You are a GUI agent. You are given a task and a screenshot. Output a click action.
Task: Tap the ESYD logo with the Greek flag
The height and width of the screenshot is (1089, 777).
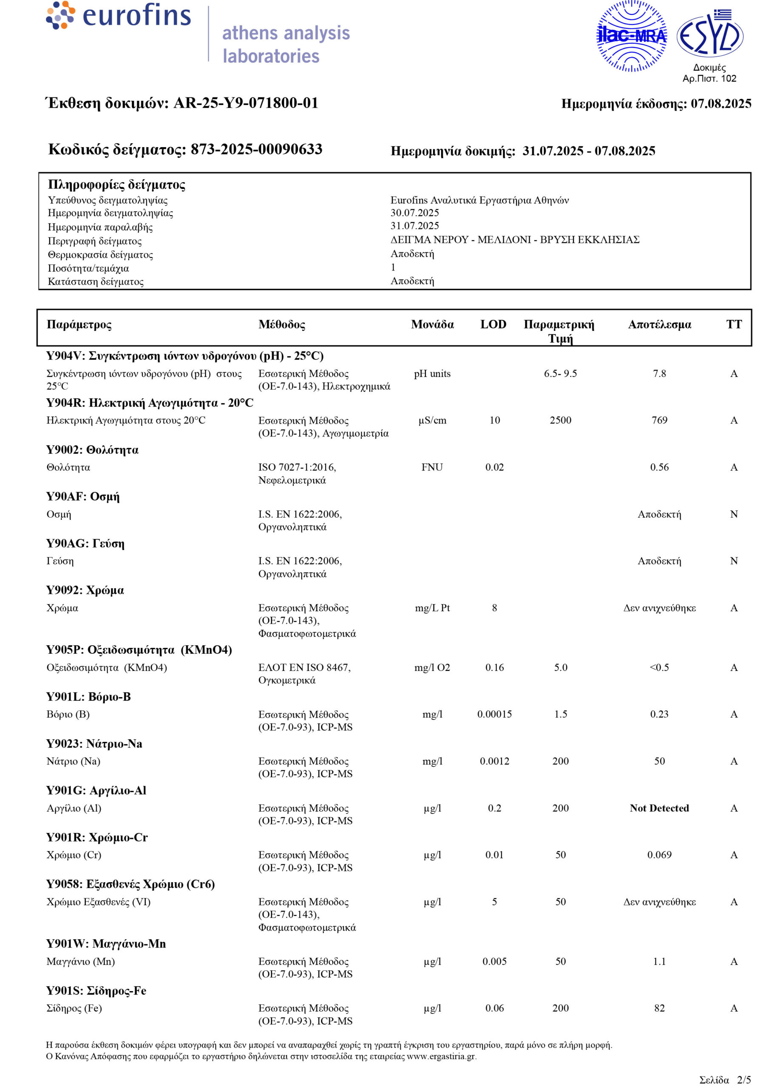coord(709,34)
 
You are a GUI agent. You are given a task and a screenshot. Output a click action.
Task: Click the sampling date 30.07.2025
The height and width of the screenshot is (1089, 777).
coord(414,213)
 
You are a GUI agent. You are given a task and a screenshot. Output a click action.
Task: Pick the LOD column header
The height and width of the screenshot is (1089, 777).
coord(493,325)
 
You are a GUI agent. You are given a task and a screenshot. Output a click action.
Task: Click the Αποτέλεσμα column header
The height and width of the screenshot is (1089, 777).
coord(659,325)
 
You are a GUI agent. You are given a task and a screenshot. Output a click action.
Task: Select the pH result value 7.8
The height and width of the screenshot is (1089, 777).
coord(659,373)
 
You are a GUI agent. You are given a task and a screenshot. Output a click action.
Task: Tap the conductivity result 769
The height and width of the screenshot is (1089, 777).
coord(659,420)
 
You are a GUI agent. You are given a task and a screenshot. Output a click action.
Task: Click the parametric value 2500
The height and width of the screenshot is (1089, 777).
coord(560,420)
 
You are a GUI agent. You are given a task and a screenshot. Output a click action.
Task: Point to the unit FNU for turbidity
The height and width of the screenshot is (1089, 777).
coord(432,467)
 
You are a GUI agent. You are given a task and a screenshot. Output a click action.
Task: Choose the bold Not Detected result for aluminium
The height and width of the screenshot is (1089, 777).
coord(659,808)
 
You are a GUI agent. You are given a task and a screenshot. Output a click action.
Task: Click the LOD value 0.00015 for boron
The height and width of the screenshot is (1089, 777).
coord(494,714)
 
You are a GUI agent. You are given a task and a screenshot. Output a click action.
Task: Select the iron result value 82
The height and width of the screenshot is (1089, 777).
coord(659,1008)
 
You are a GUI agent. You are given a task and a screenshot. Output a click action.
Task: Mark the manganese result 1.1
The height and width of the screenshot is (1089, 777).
coord(659,961)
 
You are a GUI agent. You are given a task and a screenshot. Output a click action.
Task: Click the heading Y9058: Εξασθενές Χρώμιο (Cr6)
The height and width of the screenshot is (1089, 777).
coord(130,884)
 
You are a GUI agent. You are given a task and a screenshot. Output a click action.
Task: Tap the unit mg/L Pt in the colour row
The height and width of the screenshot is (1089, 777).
coord(432,608)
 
